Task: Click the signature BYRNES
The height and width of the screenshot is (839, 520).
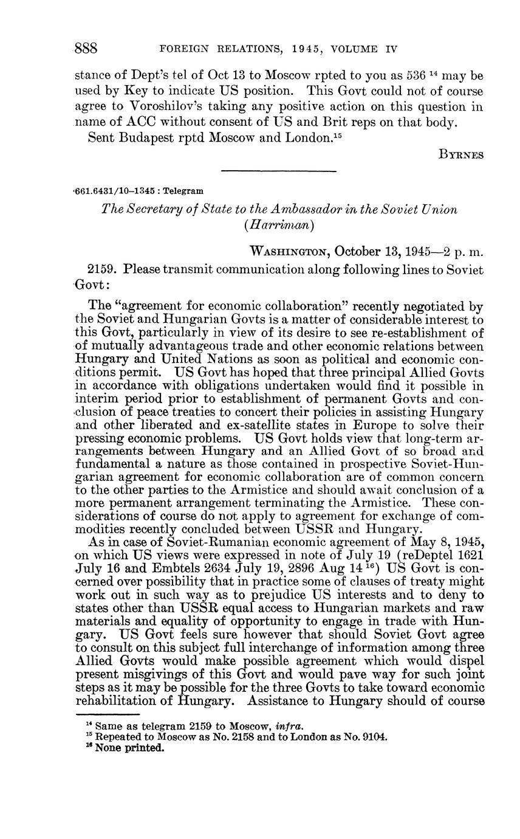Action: [x=461, y=154]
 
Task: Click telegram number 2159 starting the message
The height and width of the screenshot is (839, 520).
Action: [x=102, y=268]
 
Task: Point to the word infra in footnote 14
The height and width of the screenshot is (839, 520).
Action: [x=290, y=725]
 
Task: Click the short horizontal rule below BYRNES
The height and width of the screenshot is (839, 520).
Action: [x=279, y=171]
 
